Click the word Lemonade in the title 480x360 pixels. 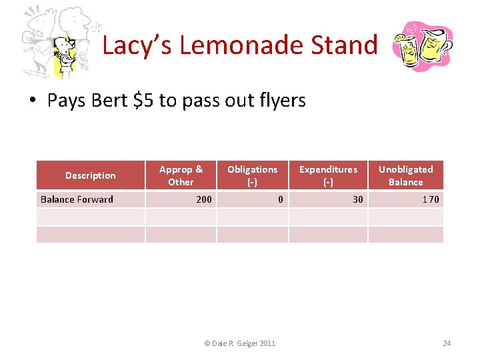tap(242, 45)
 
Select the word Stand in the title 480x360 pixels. tap(348, 45)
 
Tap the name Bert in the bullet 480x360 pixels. tap(110, 101)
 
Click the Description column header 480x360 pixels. tap(91, 176)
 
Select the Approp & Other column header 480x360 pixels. tap(181, 176)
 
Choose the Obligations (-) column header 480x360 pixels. tap(252, 176)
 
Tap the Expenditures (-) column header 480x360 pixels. tap(328, 176)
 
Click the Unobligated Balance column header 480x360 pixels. tap(405, 176)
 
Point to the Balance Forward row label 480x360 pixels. tap(77, 199)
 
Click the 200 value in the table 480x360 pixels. tap(204, 199)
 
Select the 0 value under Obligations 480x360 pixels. tap(281, 199)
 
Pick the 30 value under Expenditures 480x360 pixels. tap(358, 199)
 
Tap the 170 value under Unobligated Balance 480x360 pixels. tap(431, 199)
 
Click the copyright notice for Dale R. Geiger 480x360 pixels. tap(239, 343)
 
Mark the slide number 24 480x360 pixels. tap(447, 343)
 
